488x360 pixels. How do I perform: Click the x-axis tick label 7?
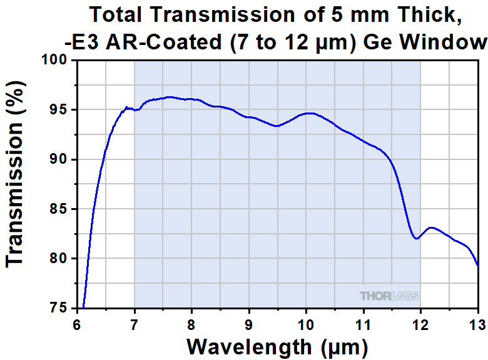(134, 324)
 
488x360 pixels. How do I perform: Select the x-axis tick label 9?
(248, 324)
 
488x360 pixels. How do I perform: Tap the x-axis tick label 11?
(363, 324)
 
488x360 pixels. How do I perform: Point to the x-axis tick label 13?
(477, 324)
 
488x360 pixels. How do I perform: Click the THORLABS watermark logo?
(389, 296)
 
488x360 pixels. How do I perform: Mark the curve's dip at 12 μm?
(415, 238)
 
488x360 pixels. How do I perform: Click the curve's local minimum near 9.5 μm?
(277, 126)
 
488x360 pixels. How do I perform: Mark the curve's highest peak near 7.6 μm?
(169, 97)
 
